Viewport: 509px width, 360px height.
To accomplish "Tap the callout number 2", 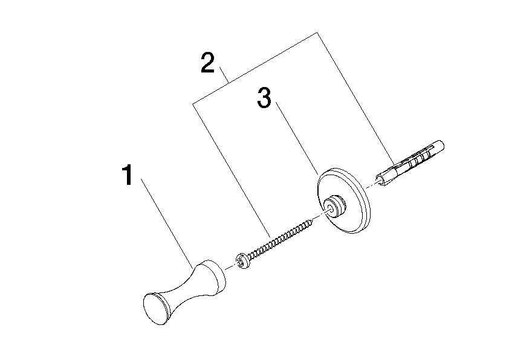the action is click(208, 63).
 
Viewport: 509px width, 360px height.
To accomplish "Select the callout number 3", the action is click(264, 97).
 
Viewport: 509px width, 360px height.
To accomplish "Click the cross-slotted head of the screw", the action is click(241, 261).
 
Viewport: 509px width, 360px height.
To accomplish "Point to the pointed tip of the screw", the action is click(310, 222).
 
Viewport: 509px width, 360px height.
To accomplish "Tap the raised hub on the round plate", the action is click(334, 206).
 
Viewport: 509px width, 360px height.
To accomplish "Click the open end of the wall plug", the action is click(381, 181).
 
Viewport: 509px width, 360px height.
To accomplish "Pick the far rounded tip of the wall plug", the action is click(441, 145).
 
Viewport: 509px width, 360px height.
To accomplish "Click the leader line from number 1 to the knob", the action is click(167, 223).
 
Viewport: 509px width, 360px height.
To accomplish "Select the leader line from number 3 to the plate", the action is click(297, 138).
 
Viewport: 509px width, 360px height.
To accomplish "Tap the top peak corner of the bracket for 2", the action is click(317, 33).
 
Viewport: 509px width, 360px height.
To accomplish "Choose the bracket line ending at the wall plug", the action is click(356, 98).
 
